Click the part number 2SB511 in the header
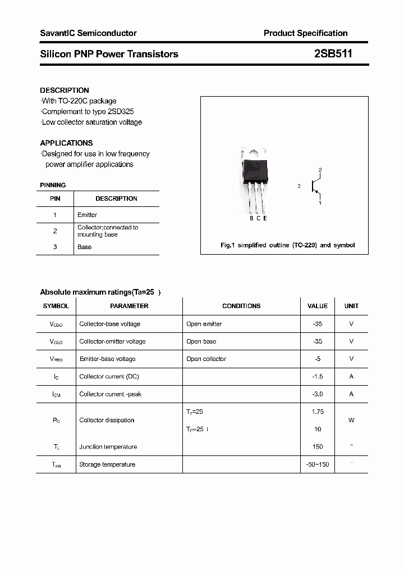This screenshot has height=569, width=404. [333, 54]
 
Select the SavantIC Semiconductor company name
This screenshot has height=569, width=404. [88, 33]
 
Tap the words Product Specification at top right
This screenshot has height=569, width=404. [305, 33]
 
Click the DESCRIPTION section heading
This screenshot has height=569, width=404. [65, 90]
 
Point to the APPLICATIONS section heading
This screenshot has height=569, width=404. [66, 143]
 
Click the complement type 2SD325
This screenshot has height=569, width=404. [119, 111]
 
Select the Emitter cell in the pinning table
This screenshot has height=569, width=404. [88, 215]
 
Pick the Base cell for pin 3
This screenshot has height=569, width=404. [85, 247]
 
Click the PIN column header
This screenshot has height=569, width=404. [55, 198]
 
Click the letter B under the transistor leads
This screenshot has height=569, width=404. [251, 218]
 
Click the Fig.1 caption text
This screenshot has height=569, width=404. [287, 245]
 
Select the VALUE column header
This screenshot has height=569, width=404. [318, 306]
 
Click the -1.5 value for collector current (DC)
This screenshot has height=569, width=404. [318, 376]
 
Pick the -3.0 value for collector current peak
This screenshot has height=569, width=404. [318, 394]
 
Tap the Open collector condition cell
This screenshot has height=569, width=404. [206, 359]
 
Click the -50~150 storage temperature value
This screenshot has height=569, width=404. [318, 464]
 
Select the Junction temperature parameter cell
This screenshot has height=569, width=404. [108, 447]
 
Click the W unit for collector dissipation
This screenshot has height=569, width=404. [351, 420]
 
